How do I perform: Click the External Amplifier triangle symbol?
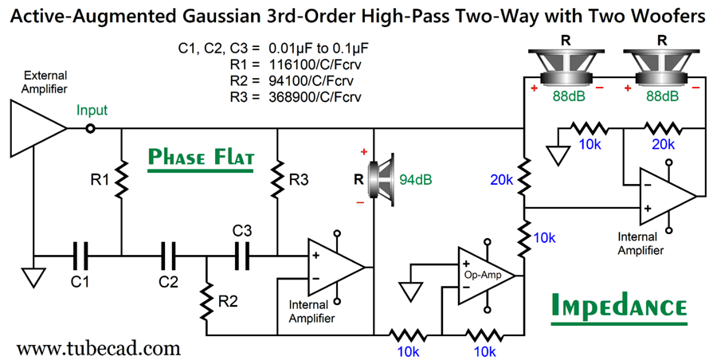point(37,127)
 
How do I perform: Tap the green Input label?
point(92,111)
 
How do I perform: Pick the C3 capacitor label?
point(242,230)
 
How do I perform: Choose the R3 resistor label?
point(299,180)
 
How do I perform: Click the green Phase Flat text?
point(201,158)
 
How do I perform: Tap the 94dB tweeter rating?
point(416,179)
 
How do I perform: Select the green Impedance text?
point(618,307)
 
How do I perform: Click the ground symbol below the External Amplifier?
point(33,276)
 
